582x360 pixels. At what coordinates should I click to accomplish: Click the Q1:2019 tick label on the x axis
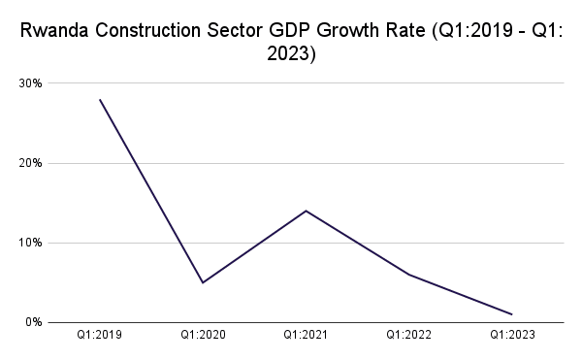[x=100, y=335]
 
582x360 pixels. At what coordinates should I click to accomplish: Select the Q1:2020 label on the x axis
[x=203, y=335]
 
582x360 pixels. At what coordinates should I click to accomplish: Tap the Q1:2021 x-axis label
[x=306, y=335]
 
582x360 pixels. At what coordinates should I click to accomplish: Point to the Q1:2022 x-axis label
[x=408, y=335]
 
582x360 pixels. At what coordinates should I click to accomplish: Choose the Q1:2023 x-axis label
[x=511, y=335]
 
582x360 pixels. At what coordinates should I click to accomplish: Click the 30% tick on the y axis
[x=30, y=83]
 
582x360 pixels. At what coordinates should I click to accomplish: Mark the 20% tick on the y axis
[x=30, y=163]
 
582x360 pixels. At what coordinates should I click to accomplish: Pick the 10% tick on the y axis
[x=30, y=243]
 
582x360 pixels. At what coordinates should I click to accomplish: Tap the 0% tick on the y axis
[x=33, y=322]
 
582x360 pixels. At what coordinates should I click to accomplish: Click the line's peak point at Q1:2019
[x=100, y=99]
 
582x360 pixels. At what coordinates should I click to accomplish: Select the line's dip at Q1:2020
[x=203, y=282]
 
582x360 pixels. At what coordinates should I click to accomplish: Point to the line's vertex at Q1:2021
[x=306, y=211]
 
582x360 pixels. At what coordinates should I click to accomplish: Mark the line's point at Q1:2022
[x=408, y=275]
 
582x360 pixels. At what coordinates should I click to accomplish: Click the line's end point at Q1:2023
[x=511, y=314]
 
